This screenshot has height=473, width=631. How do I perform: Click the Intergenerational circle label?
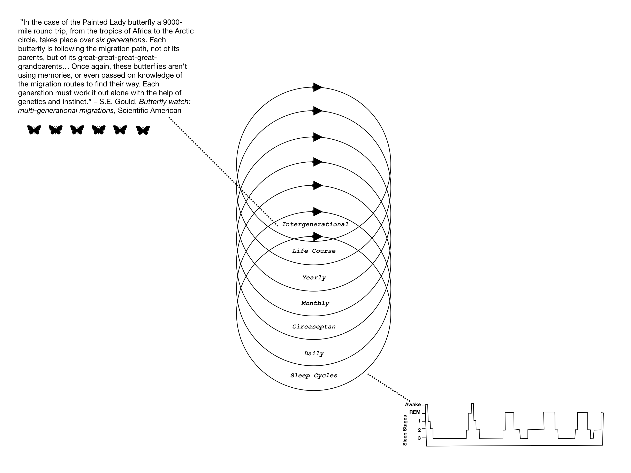[x=315, y=224]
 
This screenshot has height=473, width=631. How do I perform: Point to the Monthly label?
[x=315, y=303]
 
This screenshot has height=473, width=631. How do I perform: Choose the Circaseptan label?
[x=314, y=327]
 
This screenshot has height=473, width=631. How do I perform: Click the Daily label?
[x=314, y=354]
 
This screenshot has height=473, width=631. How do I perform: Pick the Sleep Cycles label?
[x=314, y=375]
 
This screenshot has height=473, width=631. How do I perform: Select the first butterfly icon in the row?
[x=34, y=130]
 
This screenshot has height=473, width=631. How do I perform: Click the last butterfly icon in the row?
[x=143, y=130]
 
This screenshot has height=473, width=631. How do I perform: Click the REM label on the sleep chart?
[x=415, y=412]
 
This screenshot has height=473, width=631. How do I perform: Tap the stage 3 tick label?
[x=419, y=438]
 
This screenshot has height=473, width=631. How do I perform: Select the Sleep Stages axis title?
[x=405, y=430]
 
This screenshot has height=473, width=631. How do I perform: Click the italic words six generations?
[x=120, y=40]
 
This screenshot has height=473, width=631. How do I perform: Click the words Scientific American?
[x=150, y=111]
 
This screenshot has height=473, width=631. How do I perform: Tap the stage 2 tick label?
[x=419, y=430]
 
